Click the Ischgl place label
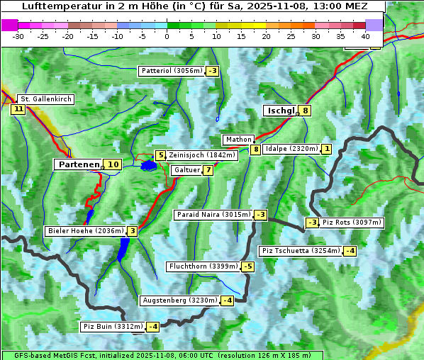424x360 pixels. [x=280, y=111]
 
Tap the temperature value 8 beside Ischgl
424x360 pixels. [x=305, y=111]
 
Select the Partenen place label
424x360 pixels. [x=78, y=164]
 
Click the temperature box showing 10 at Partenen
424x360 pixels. [x=112, y=164]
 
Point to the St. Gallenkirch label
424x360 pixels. [x=45, y=99]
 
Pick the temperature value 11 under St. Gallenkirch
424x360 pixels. [x=18, y=109]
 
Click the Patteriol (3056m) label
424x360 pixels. [x=172, y=71]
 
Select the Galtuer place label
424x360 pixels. [x=186, y=170]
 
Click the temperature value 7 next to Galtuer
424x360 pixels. [x=208, y=170]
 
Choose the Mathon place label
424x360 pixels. [x=238, y=140]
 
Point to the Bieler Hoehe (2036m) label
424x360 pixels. [x=85, y=231]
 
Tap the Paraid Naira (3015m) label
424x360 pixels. [x=213, y=215]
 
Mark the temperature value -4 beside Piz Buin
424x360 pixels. [x=152, y=327]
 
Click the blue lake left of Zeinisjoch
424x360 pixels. [x=148, y=166]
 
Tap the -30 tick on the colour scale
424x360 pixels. [x=19, y=35]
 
